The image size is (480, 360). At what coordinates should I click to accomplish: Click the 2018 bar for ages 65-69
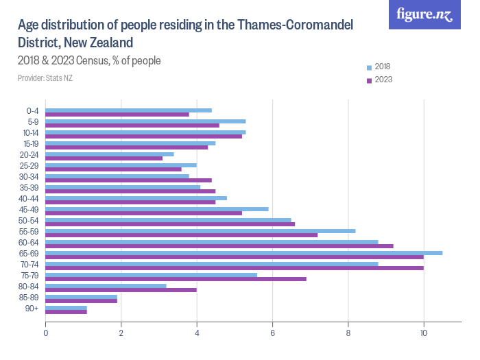coord(244,253)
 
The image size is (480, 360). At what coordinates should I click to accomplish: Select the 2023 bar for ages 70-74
coord(235,268)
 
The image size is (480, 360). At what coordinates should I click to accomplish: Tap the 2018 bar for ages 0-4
coord(129,110)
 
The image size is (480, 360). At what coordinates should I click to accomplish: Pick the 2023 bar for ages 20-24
coord(104,158)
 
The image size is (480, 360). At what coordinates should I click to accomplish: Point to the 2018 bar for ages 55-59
coord(200,231)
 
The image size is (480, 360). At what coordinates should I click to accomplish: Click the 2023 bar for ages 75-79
coord(176,279)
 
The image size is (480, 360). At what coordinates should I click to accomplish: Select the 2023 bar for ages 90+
coord(67,312)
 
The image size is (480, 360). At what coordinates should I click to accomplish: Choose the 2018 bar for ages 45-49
coord(157,209)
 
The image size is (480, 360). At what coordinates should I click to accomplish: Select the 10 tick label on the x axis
coord(424,333)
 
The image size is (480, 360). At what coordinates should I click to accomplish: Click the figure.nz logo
coord(424,15)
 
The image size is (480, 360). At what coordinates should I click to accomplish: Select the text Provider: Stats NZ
coord(45,78)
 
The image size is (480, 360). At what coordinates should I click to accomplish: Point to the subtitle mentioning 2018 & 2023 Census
coord(89,61)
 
